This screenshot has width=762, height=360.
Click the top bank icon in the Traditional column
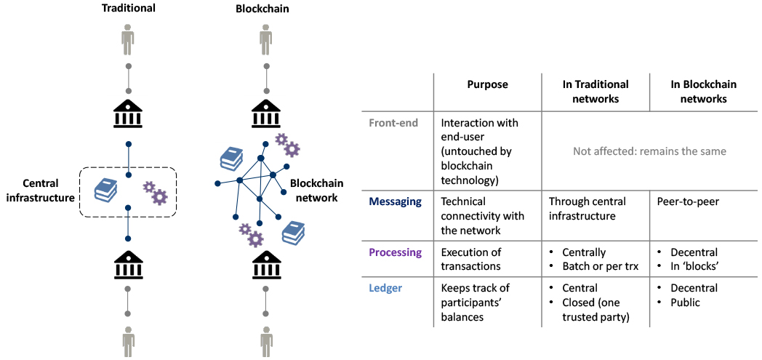pos(128,113)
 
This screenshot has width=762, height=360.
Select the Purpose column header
pos(487,84)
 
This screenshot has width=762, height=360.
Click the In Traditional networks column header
pos(595,92)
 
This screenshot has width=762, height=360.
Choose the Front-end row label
pos(393,123)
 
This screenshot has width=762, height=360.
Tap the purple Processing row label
pos(395,252)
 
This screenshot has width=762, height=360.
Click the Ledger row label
pos(385,288)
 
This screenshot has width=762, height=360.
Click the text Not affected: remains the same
pos(649,151)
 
